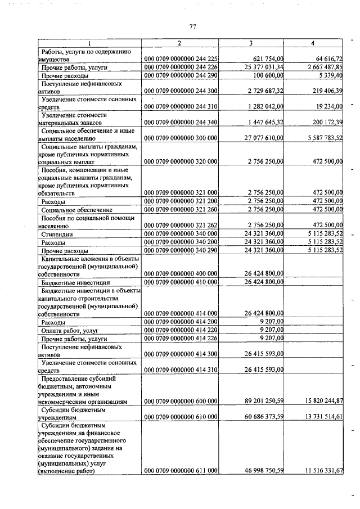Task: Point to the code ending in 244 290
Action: (x=181, y=75)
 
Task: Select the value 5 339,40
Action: (x=329, y=75)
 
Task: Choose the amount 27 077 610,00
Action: (x=262, y=137)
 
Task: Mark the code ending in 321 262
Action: (x=181, y=225)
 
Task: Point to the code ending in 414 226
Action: (x=181, y=339)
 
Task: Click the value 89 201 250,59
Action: (x=262, y=402)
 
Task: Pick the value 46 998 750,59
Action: (x=262, y=471)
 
